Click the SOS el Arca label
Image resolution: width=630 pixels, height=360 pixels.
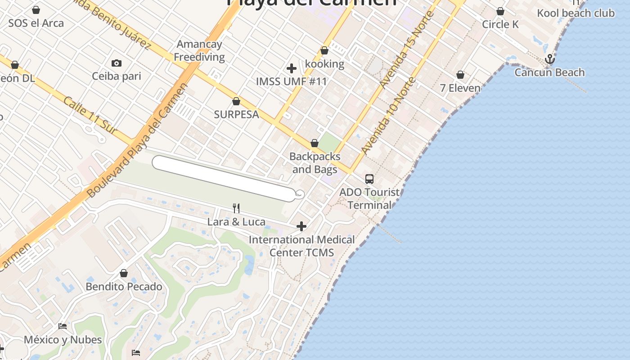pos(36,23)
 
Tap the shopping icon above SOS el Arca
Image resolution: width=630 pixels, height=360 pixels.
pos(36,10)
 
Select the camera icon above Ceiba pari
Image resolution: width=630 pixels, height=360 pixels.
pos(117,63)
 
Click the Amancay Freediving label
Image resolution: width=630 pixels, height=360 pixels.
pos(199,50)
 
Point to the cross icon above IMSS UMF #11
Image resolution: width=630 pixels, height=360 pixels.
pos(292,68)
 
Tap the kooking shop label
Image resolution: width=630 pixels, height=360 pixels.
pos(324,64)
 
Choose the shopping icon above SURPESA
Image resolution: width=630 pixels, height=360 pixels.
pos(236,101)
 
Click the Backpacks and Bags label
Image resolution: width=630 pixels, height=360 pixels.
pos(315,163)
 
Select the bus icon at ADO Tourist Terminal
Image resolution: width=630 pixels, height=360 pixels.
pos(369,179)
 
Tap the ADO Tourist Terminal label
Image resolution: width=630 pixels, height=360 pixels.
pos(369,198)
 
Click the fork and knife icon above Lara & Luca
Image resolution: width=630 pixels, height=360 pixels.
pos(236,208)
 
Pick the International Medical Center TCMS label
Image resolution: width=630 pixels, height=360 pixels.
pos(301,246)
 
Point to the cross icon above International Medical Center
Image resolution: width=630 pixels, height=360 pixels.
pos(301,226)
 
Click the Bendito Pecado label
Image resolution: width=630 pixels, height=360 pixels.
pos(124,287)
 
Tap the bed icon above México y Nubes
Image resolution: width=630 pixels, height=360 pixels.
pos(63,326)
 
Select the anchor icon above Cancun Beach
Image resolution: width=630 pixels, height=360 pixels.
pos(549,59)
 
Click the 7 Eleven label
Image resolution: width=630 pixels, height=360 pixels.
pos(460,88)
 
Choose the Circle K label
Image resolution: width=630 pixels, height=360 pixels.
pos(500,24)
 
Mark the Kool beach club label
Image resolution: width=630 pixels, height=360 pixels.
pos(576,13)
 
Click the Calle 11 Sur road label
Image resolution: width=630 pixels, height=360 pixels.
pos(90,115)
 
